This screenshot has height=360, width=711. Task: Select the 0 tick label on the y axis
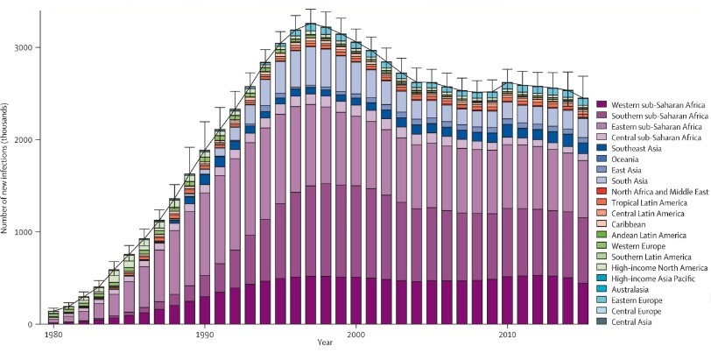tap(32, 325)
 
